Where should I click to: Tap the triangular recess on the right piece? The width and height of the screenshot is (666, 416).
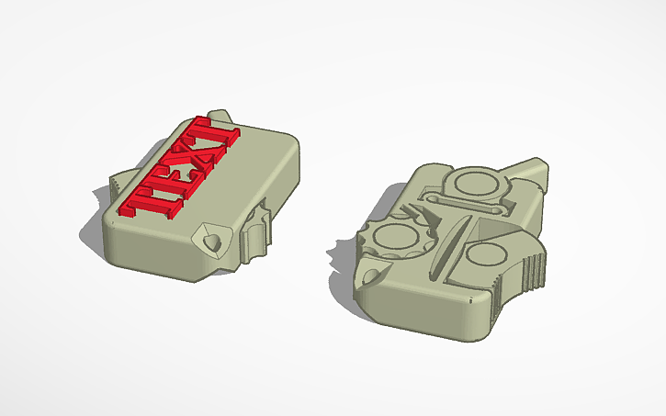496,220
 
